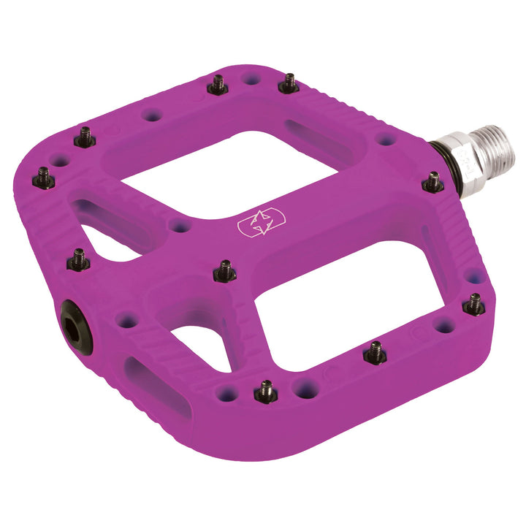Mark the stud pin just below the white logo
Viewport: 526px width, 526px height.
coord(225,271)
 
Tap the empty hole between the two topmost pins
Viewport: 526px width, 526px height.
coord(253,77)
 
